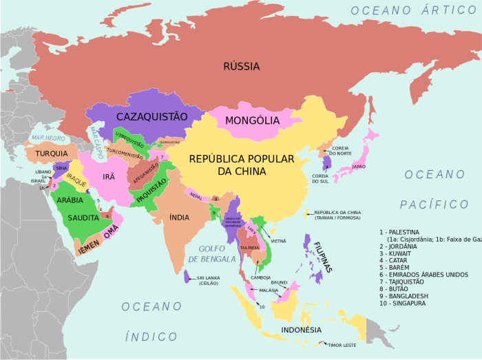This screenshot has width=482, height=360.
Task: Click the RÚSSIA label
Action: click(x=241, y=67)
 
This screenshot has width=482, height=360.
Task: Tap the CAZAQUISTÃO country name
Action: click(x=151, y=116)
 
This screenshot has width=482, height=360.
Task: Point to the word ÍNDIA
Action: click(x=179, y=218)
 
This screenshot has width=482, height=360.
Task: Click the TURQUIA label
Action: click(x=52, y=153)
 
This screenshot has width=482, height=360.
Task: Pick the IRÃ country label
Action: click(x=109, y=177)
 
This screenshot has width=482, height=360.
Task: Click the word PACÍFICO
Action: click(x=434, y=204)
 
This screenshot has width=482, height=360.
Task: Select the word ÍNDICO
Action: click(x=151, y=336)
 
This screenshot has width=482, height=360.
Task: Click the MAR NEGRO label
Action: click(x=48, y=138)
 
